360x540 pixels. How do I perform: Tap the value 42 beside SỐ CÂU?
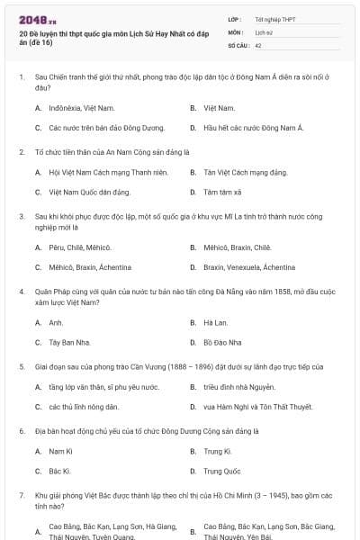258,43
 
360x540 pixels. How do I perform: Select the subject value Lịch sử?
264,31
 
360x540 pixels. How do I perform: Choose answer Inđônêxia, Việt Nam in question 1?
76,108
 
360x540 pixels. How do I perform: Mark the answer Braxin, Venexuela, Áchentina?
248,267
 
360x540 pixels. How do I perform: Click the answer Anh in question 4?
56,322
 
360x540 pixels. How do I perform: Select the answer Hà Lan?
215,322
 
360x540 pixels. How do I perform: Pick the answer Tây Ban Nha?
71,343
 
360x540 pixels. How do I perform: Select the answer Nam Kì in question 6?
60,451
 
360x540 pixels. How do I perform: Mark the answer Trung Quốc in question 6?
222,471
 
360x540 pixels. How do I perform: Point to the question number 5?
21,367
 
